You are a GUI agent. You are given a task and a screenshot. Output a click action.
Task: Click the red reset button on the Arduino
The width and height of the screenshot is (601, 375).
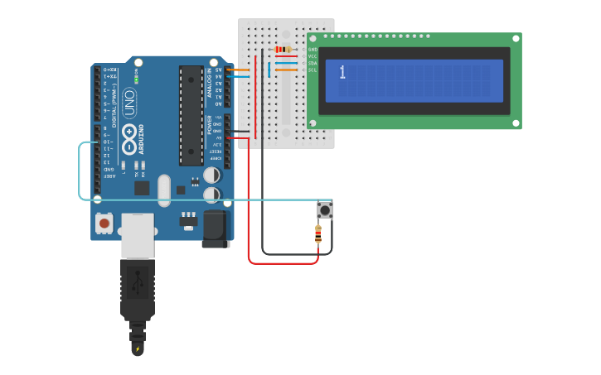click(104, 222)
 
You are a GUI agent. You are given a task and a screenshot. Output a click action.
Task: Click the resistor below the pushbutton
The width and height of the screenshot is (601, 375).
click(318, 234)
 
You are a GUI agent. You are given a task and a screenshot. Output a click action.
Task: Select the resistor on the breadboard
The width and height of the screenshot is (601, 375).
click(284, 50)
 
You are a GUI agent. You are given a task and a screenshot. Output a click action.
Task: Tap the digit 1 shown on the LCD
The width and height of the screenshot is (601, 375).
click(342, 73)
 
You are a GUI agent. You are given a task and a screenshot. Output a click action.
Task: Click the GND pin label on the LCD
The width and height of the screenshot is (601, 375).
click(313, 50)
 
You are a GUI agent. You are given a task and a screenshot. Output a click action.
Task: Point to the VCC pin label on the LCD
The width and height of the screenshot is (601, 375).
click(313, 56)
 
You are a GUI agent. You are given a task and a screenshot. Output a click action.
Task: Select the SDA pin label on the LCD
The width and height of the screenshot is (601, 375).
click(313, 63)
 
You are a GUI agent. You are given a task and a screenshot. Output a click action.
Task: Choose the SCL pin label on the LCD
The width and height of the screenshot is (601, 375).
click(313, 70)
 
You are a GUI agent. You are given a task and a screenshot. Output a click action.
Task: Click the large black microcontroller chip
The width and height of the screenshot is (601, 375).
click(191, 116)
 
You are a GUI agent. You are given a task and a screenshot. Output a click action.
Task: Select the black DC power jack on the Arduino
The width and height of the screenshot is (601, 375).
click(216, 228)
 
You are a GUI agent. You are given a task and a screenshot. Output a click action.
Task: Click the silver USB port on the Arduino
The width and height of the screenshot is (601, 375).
click(138, 235)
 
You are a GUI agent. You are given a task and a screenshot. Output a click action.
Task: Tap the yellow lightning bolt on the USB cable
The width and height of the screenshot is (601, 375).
click(138, 349)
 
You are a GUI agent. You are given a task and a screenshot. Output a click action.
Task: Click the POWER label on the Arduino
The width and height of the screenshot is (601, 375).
click(210, 124)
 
